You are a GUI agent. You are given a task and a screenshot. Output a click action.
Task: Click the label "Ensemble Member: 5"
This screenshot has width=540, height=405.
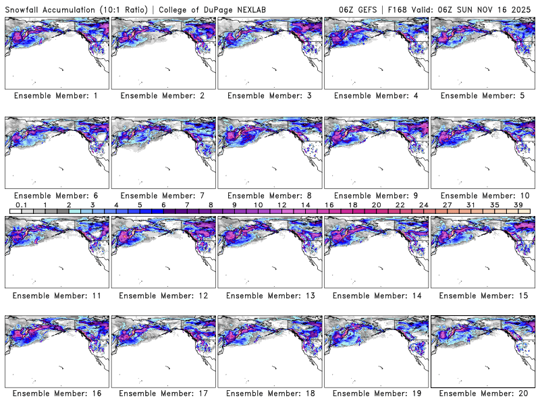[x=483, y=96]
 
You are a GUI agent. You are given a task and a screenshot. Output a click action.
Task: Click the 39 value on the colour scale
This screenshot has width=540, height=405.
[x=518, y=204]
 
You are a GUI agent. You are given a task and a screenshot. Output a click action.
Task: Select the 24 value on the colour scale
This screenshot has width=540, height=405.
[x=423, y=204]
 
